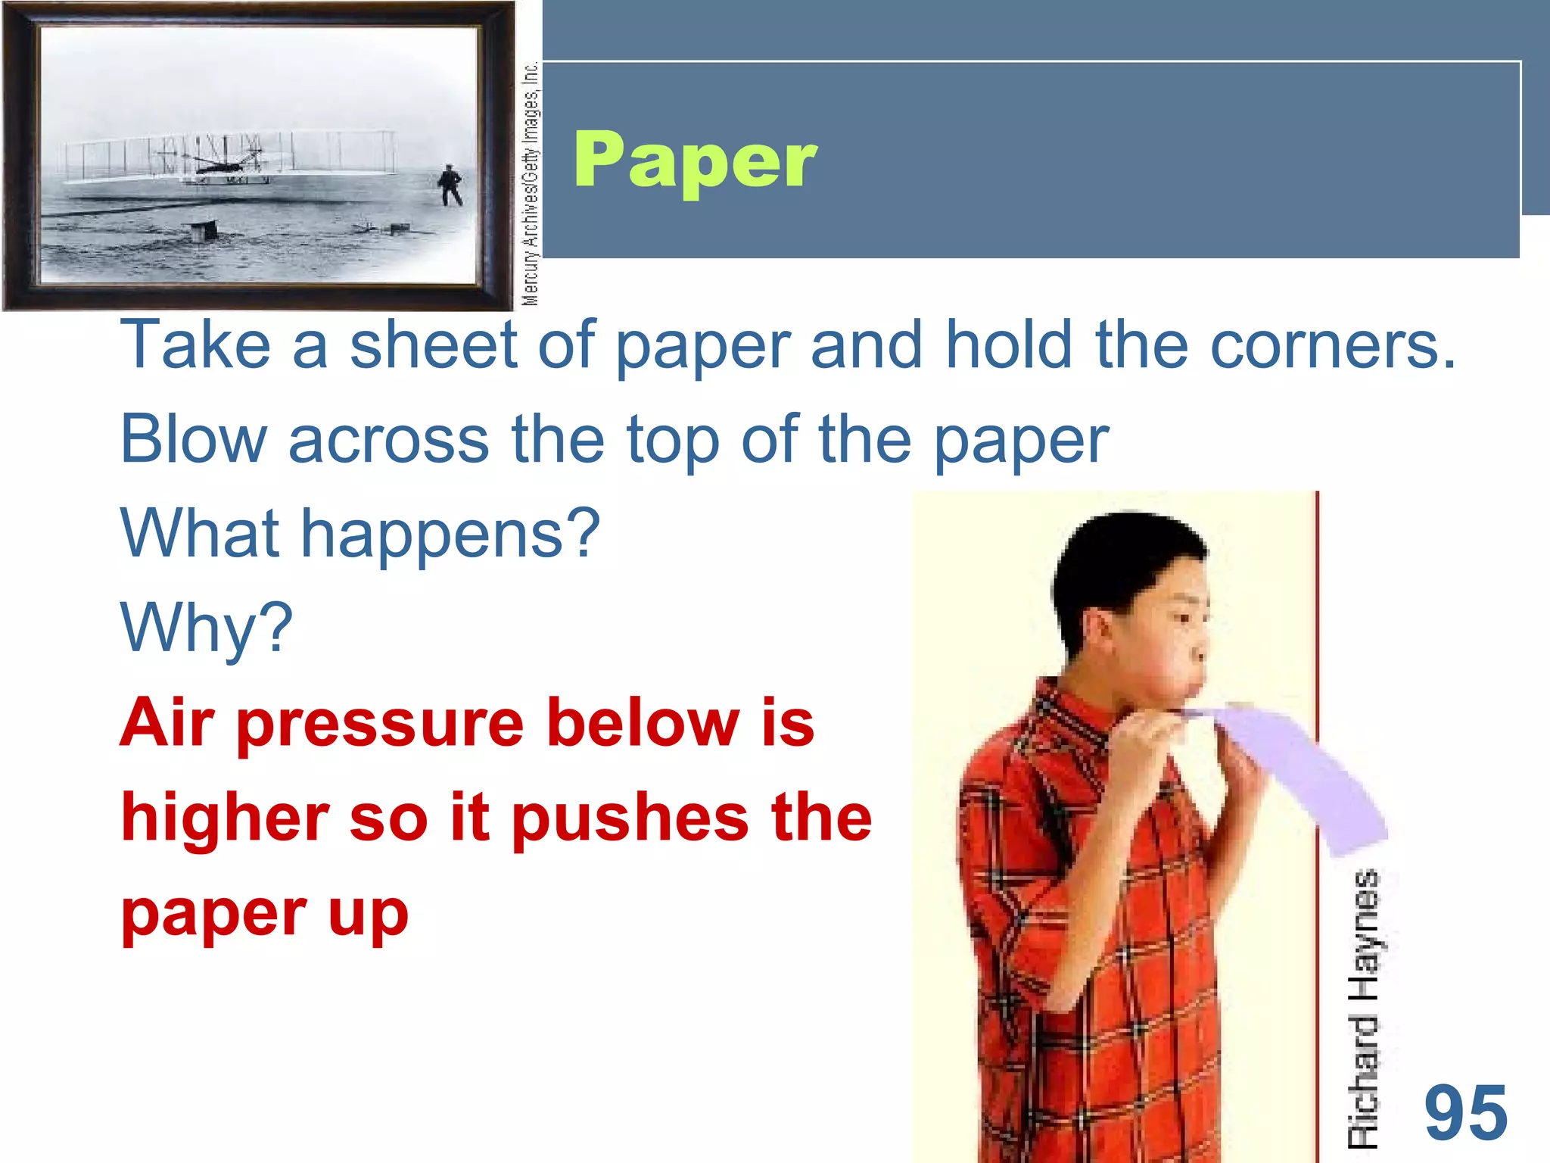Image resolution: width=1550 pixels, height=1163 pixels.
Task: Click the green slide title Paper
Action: tap(695, 161)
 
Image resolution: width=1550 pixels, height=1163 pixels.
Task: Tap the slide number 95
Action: tap(1466, 1113)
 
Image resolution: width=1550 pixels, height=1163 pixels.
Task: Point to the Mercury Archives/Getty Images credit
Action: tap(531, 183)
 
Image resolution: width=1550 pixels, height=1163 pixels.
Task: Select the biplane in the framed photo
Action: tap(227, 159)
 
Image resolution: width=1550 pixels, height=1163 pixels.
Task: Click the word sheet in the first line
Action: tap(433, 345)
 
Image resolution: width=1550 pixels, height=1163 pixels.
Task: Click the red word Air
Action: tap(168, 722)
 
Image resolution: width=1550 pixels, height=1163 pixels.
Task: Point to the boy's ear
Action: tap(1099, 632)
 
